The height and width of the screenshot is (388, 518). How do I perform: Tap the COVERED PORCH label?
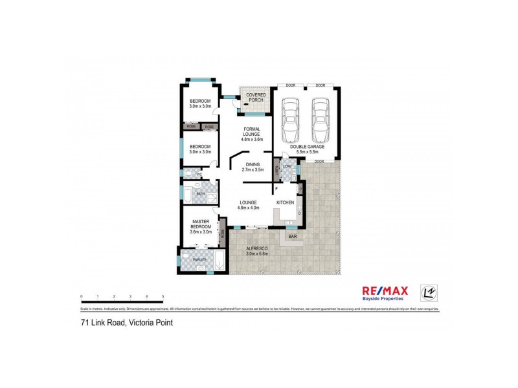point(255,98)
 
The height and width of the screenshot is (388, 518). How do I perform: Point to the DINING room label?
point(253,167)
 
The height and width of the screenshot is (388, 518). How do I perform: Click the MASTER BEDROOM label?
point(201,225)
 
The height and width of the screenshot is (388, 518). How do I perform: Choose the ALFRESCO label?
point(258,251)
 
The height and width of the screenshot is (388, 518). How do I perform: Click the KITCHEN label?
point(286,202)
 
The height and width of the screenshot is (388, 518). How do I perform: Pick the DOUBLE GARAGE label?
point(307,149)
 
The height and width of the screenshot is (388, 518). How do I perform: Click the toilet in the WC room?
point(186,174)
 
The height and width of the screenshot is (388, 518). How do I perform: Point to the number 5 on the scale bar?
point(163,296)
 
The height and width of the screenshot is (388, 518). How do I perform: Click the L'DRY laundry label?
point(287,167)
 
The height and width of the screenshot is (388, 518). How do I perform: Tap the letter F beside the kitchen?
point(276,188)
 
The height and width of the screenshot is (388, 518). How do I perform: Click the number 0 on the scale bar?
point(82,296)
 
